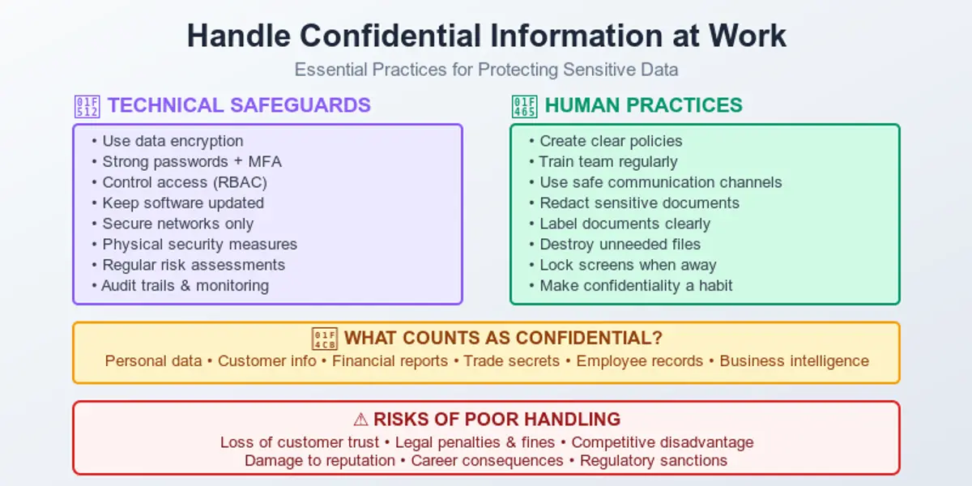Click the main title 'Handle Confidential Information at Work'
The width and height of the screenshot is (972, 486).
point(486,36)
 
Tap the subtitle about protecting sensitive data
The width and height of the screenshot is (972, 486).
point(486,70)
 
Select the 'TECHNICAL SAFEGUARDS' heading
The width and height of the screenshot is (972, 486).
point(239,105)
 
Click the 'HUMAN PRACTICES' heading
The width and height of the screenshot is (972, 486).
point(643,105)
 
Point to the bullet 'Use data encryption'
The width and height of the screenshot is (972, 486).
point(172,141)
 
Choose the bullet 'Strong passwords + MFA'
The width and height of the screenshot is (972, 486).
point(191,161)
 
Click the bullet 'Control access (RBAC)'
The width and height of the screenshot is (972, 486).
point(184,182)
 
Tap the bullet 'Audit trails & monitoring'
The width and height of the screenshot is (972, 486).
point(185,285)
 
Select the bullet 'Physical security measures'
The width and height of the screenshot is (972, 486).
point(199,244)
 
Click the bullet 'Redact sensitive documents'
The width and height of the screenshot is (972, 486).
point(639,202)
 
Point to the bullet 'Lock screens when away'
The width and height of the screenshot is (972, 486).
point(628,265)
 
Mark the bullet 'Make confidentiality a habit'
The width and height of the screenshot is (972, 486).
point(636,285)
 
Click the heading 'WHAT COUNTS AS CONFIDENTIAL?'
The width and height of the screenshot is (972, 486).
point(503,339)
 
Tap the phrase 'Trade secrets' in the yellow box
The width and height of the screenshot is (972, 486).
point(511,361)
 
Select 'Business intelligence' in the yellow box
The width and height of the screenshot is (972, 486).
point(794,361)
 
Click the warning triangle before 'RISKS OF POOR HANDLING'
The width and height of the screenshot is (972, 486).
point(360,420)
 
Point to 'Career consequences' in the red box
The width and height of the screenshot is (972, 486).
point(487,461)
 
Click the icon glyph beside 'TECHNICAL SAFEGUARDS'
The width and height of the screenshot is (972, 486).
point(85,106)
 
